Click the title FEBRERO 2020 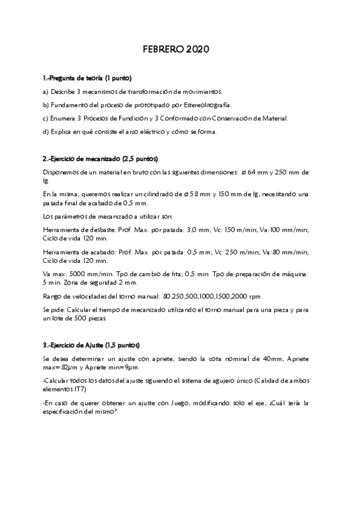(180, 50)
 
